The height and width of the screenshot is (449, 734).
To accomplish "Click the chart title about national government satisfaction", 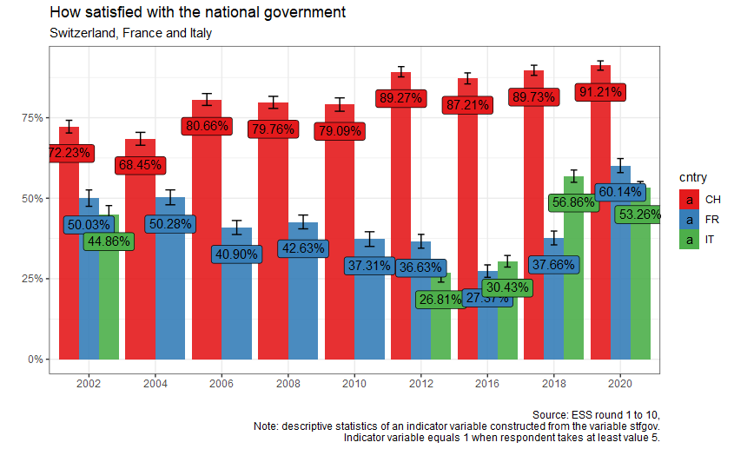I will click(198, 13).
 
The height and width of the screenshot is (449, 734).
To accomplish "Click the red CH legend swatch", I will click(690, 200).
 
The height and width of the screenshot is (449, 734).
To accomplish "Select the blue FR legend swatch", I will click(690, 220).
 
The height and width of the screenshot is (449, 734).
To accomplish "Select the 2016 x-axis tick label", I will click(488, 383).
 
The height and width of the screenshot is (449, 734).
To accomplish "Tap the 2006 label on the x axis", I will click(222, 383).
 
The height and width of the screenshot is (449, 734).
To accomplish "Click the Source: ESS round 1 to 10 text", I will click(600, 415).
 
